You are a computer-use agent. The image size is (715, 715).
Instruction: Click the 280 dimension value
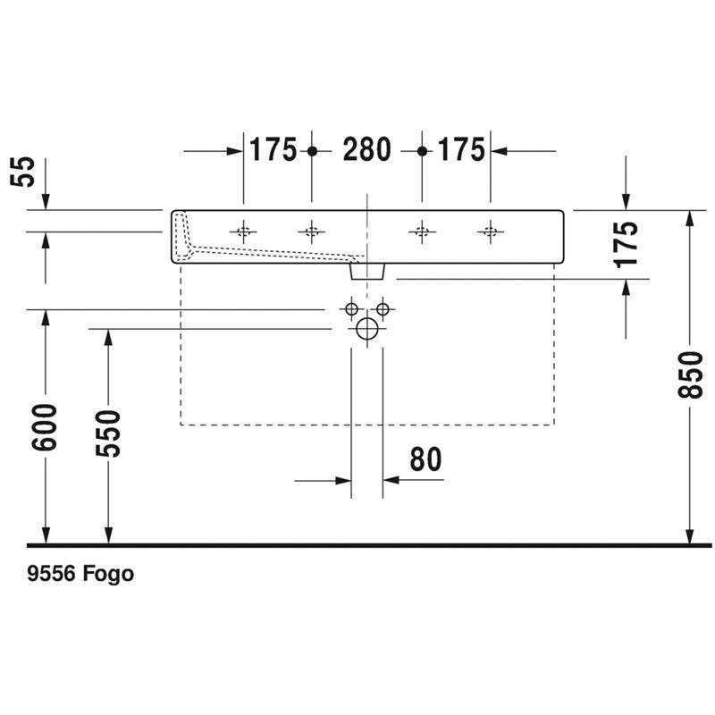pyautogui.click(x=366, y=149)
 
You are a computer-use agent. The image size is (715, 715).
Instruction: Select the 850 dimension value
pyautogui.click(x=690, y=374)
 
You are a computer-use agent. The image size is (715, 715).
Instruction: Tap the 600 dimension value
pyautogui.click(x=44, y=427)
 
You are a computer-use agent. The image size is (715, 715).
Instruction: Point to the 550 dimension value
pyautogui.click(x=108, y=433)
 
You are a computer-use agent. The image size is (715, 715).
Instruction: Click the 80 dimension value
pyautogui.click(x=426, y=459)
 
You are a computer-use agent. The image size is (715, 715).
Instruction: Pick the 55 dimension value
pyautogui.click(x=23, y=172)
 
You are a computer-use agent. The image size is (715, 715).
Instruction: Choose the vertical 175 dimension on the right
pyautogui.click(x=626, y=244)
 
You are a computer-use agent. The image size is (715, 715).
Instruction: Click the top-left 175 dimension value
pyautogui.click(x=273, y=149)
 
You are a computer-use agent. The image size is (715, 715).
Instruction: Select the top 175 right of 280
pyautogui.click(x=461, y=149)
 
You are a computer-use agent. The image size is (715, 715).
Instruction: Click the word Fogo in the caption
pyautogui.click(x=108, y=574)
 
